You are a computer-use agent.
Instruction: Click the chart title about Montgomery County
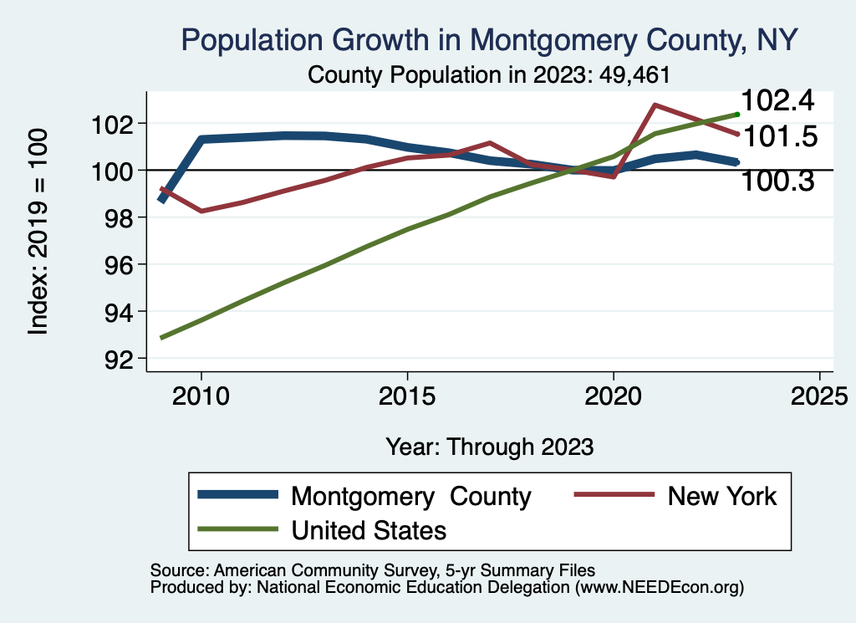[489, 39]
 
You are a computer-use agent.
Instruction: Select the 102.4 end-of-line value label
[777, 101]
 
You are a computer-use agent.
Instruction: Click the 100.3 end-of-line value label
[777, 180]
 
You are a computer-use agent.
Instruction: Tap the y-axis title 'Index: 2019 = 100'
[38, 232]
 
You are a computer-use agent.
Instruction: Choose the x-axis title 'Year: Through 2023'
[490, 447]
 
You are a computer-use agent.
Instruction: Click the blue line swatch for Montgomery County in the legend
[237, 496]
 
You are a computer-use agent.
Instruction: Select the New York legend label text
[722, 496]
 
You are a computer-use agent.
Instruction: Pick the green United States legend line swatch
[237, 529]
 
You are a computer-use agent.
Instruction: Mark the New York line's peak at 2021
[655, 105]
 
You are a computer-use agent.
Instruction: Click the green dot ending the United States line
[737, 114]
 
